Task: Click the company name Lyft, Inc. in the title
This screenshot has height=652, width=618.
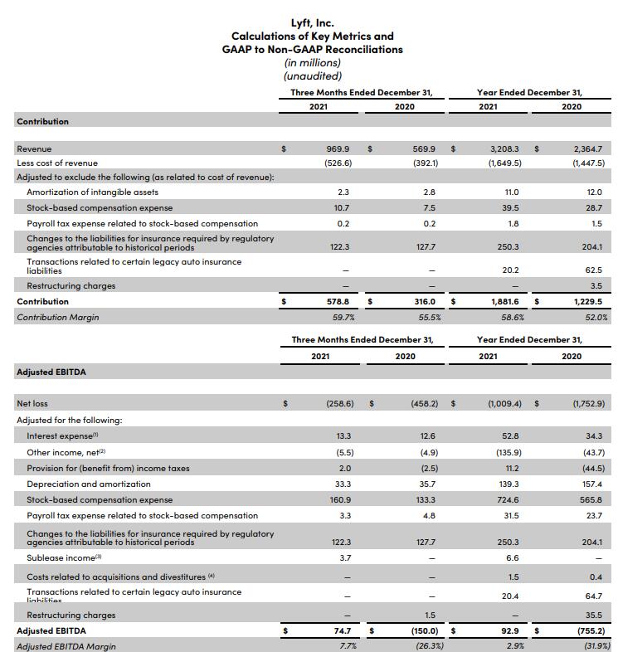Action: pos(312,23)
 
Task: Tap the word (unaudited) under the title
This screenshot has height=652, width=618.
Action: pos(312,75)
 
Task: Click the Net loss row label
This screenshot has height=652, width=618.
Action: pos(32,404)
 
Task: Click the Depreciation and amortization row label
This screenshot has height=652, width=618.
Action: pos(89,484)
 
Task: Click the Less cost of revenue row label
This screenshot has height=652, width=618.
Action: pos(57,163)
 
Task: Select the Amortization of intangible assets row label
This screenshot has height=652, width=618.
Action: pos(92,192)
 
